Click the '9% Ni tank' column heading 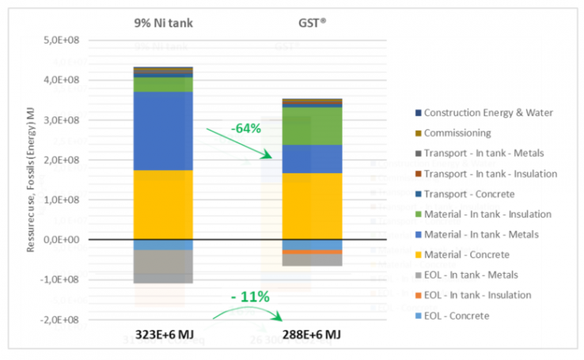click(x=163, y=23)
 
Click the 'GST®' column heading click(x=312, y=23)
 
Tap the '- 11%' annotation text click(x=250, y=297)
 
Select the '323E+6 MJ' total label click(x=163, y=335)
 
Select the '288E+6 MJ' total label click(x=313, y=335)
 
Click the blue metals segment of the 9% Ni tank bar click(x=163, y=131)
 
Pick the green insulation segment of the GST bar click(x=313, y=126)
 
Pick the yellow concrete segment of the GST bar click(x=313, y=206)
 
